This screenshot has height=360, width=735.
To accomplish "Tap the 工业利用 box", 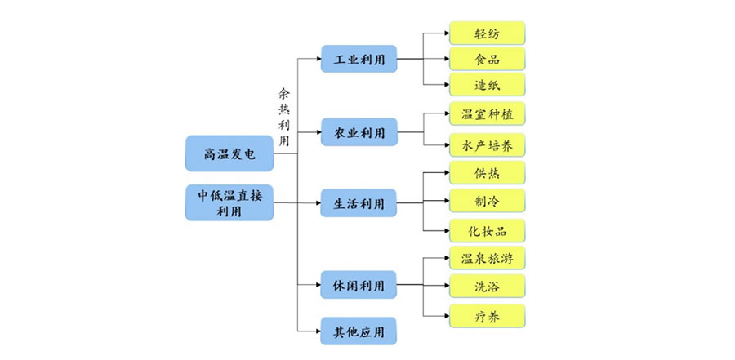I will [x=359, y=59].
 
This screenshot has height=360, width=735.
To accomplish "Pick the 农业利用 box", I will [x=359, y=131].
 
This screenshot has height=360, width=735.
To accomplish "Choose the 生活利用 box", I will [x=359, y=203].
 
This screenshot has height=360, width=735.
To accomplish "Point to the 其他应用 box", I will [x=359, y=331].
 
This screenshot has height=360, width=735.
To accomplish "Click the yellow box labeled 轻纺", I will [x=487, y=33].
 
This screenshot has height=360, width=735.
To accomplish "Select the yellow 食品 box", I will [x=487, y=59].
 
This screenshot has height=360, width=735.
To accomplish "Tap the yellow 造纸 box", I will [x=487, y=84].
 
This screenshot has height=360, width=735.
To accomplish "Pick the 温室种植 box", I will [x=487, y=113].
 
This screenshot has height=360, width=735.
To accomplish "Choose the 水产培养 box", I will [x=487, y=145].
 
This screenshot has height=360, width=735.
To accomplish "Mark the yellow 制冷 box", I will [x=487, y=201].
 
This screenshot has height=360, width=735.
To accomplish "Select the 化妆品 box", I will [x=487, y=230].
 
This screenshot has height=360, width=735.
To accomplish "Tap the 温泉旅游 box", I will [x=487, y=258].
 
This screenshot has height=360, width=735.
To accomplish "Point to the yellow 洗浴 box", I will [x=487, y=286].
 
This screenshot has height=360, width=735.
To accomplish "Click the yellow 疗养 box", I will [x=487, y=315].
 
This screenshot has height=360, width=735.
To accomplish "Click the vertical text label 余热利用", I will [x=284, y=118].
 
